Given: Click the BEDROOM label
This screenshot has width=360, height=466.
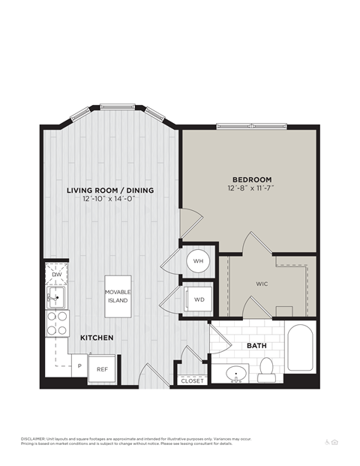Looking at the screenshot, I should coord(251,179).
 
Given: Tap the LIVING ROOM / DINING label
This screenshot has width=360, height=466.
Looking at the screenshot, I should coord(109,191).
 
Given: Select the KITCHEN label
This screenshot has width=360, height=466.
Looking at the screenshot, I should coord(97,338).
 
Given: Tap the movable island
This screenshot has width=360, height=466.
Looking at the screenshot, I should coord(117,295).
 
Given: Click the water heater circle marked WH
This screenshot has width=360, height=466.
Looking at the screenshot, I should coord(199,261).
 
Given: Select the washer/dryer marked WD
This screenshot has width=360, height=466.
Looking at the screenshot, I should coord(199,299).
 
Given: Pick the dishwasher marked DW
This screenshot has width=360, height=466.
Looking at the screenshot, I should coord(56,275).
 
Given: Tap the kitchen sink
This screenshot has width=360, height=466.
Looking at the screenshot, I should coord(55,299).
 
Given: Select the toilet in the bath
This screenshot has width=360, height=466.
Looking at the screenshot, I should coord(266,367).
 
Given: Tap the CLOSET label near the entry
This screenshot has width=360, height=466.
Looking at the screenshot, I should coord(192,381).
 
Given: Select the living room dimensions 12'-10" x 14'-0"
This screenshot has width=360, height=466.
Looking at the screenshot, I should coord(109,200).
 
